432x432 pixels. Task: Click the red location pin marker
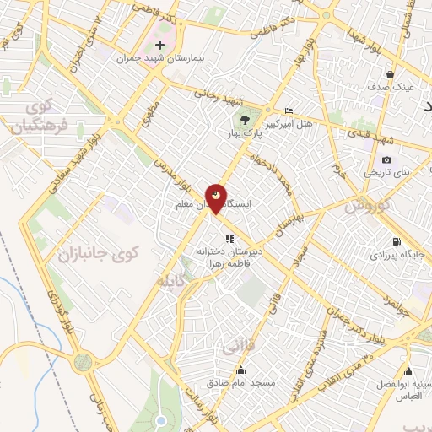click(216, 198)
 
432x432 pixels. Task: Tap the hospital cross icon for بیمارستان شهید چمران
click(159, 44)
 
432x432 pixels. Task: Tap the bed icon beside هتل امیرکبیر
click(289, 111)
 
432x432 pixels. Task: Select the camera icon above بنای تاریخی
click(386, 159)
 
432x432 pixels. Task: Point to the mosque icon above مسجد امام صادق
click(241, 369)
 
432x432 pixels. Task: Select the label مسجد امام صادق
click(241, 382)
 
